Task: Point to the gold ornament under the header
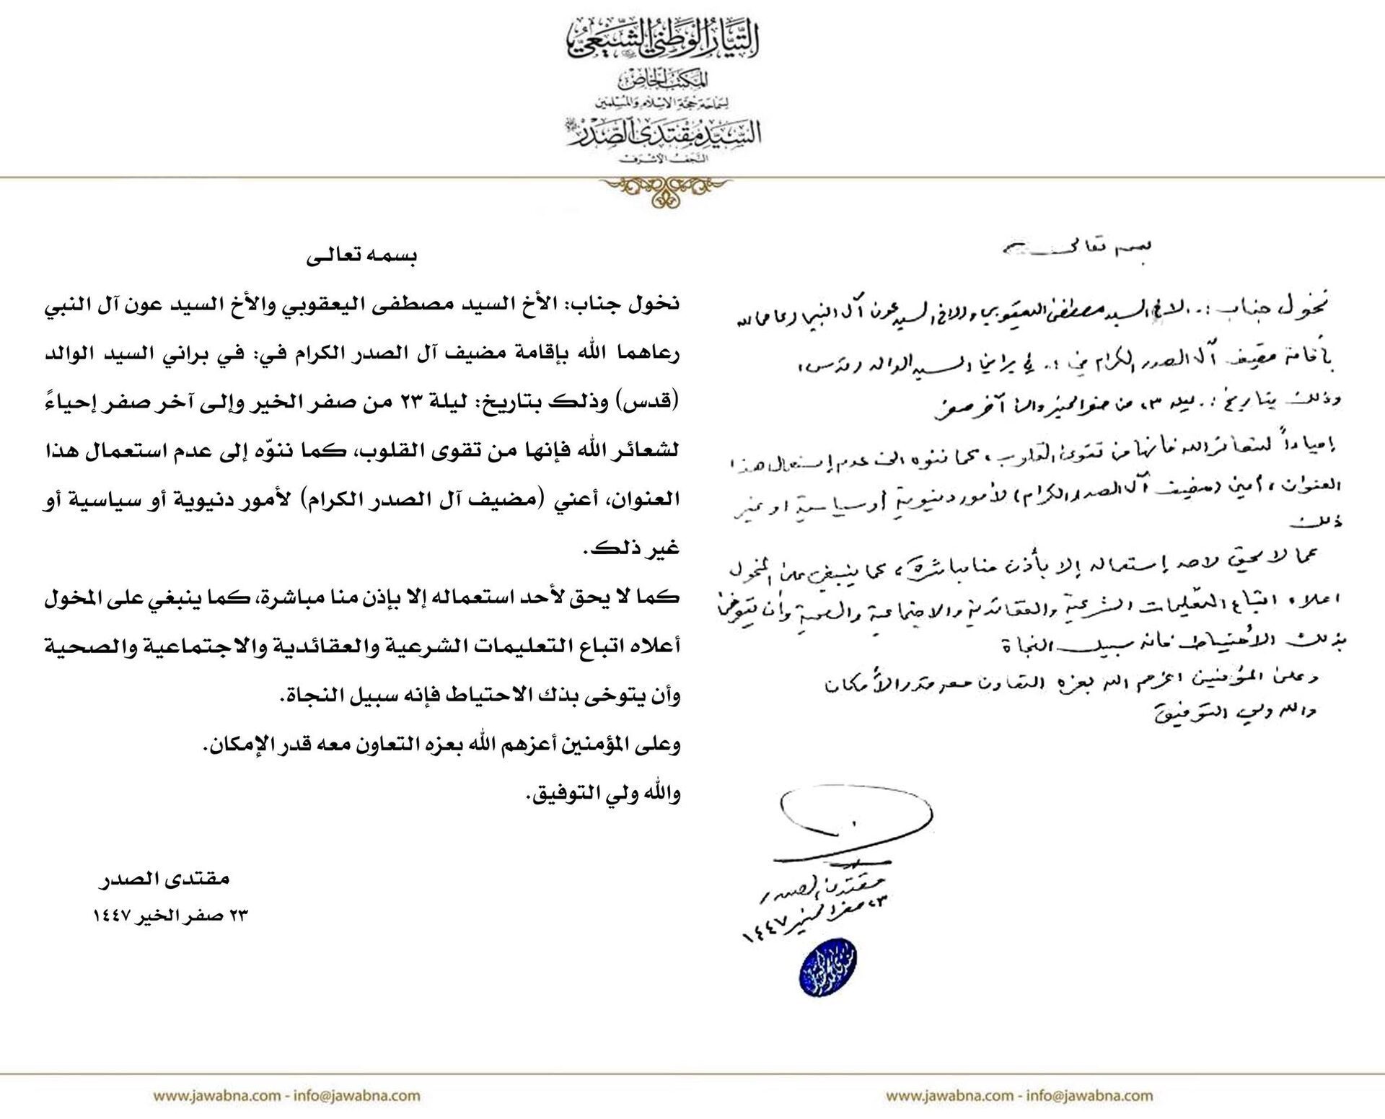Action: pos(664,190)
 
